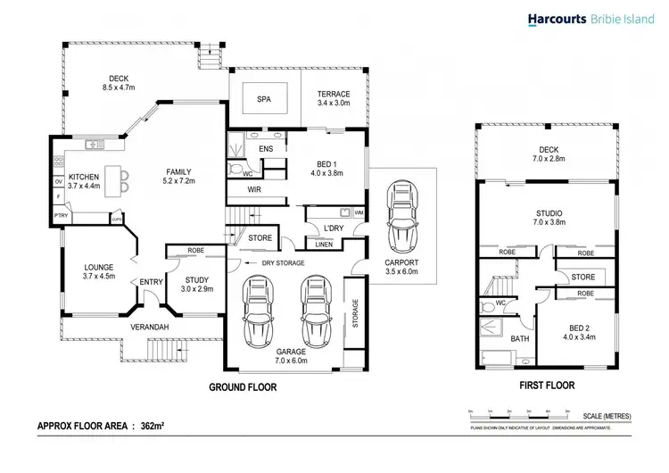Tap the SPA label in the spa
coord(264,99)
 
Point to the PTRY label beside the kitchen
coord(61,215)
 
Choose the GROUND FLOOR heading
coord(243,387)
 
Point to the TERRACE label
coord(333,94)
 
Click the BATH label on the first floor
coord(519,339)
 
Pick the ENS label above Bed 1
coord(265,148)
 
